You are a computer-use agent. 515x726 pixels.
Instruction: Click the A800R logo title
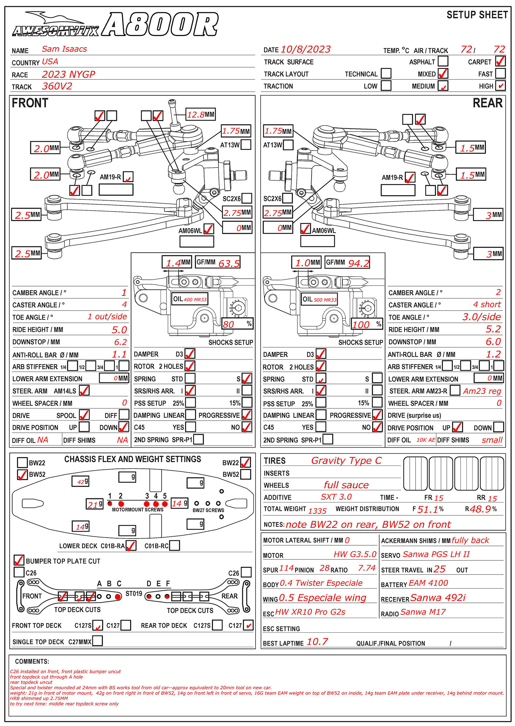coord(160,24)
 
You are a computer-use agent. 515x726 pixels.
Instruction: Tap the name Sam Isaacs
coord(64,49)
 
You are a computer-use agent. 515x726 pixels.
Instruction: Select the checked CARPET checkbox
coord(500,61)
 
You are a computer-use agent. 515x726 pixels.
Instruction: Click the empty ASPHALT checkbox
coord(443,61)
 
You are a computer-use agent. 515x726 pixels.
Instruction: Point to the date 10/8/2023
coord(305,49)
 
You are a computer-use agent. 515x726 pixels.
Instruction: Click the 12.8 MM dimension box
coord(201,114)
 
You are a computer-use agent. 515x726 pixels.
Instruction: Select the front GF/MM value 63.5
coord(229,263)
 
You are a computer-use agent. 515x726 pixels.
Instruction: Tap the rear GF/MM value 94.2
coord(359,263)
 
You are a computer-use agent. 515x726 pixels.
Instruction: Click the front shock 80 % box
coord(237,324)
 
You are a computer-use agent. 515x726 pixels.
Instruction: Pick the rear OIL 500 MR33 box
coord(319,299)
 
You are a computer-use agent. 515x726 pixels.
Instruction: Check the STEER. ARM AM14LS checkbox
coord(84,391)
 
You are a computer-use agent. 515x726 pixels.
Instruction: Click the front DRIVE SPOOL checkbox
coord(84,415)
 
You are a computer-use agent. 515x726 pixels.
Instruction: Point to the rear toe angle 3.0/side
coord(481,317)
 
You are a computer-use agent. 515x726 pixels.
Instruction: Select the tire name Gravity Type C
coord(346,461)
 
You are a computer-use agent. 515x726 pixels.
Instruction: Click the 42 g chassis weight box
coord(80,481)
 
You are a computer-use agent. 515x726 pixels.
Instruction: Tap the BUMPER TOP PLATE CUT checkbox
coord(19,560)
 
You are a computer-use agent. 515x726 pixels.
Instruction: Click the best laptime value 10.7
coord(317,642)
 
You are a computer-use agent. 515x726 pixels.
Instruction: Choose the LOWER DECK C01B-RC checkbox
coord(174,546)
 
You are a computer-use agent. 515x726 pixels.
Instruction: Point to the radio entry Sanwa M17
coord(423,612)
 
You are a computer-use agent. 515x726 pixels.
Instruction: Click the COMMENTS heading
coord(32,661)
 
